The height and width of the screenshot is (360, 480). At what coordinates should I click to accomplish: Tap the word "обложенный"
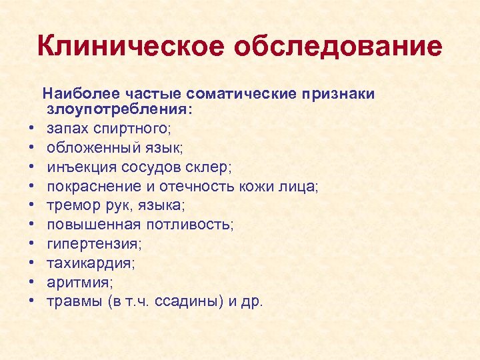pos(88,146)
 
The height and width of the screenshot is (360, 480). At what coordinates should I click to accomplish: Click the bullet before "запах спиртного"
pos(31,127)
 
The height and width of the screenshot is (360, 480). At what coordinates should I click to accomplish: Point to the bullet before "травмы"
pos(31,301)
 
